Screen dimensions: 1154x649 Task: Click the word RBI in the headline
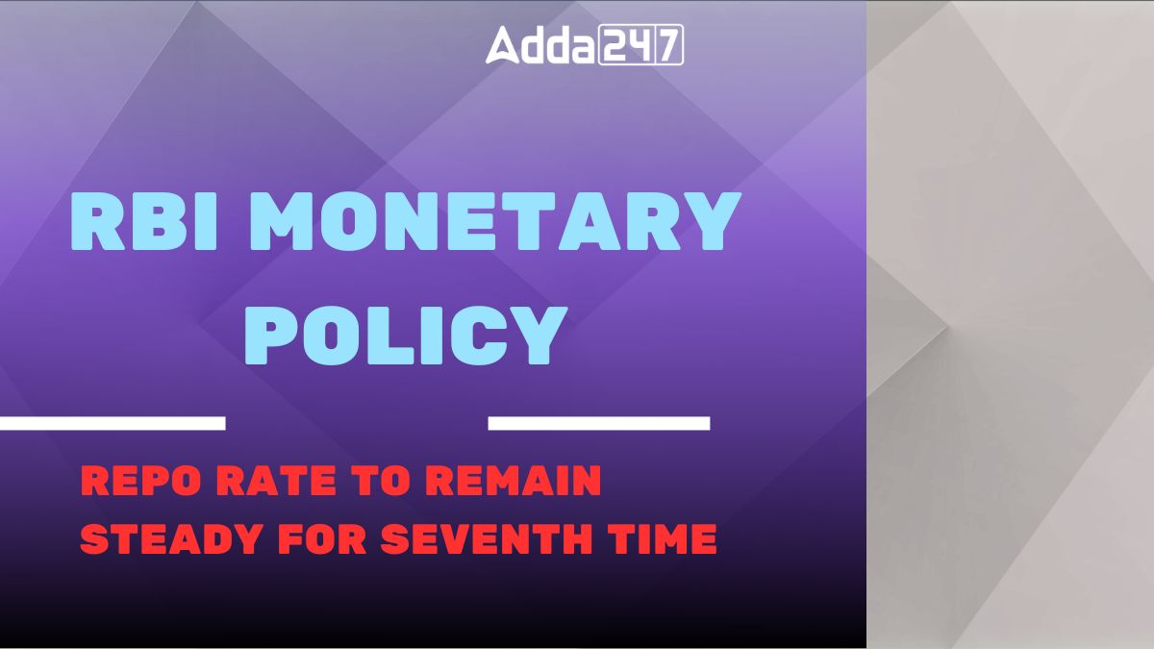[x=143, y=221]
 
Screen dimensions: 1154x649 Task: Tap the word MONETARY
[x=494, y=221]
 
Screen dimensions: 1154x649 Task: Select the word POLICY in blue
[x=406, y=336]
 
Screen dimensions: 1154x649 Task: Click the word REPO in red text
[x=140, y=480]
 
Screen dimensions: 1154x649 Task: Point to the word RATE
[x=276, y=480]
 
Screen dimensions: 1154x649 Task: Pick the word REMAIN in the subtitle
[x=514, y=480]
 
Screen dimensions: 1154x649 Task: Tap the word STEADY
[x=171, y=538]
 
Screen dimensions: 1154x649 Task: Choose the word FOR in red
[x=322, y=538]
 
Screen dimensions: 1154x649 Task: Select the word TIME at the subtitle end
[x=662, y=538]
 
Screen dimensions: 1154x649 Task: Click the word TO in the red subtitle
[x=381, y=480]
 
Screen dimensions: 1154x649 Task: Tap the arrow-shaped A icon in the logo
[x=503, y=45]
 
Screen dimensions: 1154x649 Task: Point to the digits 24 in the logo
[x=625, y=45]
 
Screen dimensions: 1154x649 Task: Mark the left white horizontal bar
[x=113, y=423]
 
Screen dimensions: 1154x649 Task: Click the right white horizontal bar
[x=599, y=423]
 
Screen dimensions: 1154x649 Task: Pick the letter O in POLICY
[x=335, y=336]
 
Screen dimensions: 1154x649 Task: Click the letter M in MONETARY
[x=283, y=221]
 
